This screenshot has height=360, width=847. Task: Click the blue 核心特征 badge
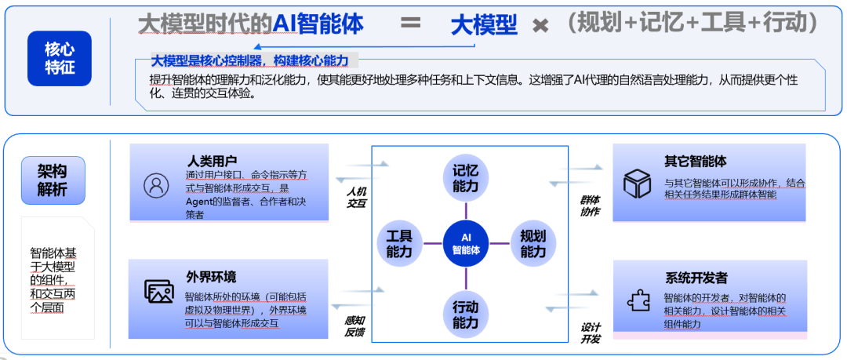tap(60, 59)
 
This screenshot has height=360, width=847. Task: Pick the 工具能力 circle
tap(399, 243)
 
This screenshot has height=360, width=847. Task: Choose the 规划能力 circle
tap(533, 243)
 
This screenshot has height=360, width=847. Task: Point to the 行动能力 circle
tap(465, 311)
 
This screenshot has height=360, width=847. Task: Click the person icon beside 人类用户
tap(157, 186)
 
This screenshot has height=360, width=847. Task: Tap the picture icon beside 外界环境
tap(158, 291)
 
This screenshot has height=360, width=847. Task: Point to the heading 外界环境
tap(211, 277)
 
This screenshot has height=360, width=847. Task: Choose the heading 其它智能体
tap(696, 161)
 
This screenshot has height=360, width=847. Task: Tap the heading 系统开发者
tap(696, 277)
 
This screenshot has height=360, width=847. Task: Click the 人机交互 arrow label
tap(357, 197)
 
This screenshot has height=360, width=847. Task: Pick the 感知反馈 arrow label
tap(354, 326)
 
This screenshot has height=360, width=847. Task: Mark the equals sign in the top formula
tap(410, 23)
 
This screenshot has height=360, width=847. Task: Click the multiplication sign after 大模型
tap(540, 26)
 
